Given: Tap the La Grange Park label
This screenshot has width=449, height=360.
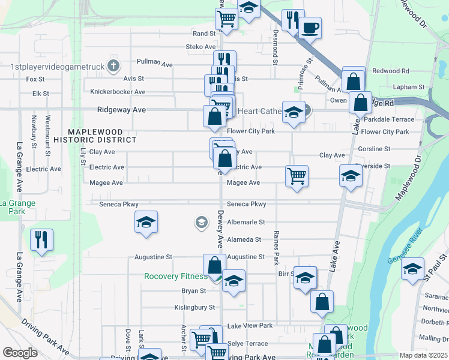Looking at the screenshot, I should point(17,207).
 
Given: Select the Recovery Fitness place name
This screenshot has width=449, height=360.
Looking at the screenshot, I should point(176,277).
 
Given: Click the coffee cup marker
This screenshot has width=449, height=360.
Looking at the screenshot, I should point(310,28).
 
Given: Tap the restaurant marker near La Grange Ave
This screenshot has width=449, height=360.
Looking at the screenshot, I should point(41,240).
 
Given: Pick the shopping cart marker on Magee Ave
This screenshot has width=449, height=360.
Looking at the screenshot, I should point(297,176).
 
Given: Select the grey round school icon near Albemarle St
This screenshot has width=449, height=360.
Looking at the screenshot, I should point(200,223).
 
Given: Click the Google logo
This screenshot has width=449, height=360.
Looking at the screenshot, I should point(20,353).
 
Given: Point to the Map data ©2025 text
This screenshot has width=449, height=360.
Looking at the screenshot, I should point(423,355).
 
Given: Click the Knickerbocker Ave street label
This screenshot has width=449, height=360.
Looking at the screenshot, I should point(118,92).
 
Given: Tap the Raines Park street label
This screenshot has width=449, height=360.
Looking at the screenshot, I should point(276,247).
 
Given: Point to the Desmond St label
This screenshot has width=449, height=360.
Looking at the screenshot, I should point(276,47).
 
